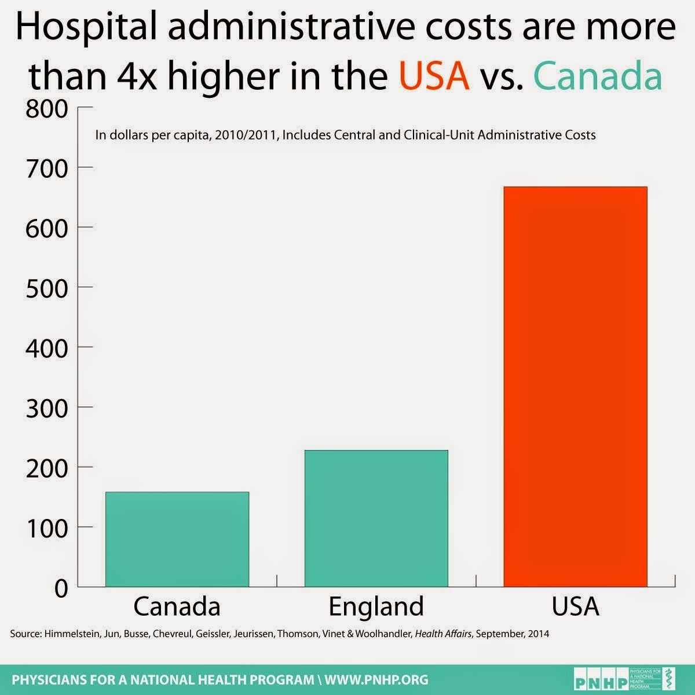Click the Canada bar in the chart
177,539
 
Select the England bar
376,518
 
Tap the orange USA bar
575,386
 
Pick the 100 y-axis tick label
47,528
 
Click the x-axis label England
376,606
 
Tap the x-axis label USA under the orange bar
575,606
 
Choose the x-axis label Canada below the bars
177,606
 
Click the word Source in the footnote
24,634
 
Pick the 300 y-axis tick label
47,408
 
